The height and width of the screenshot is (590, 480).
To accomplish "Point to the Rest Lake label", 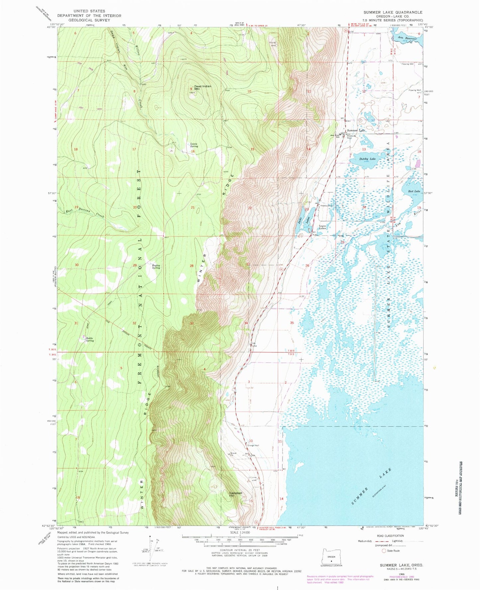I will coord(414,191).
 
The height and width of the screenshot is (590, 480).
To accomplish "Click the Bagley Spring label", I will coord(156,266).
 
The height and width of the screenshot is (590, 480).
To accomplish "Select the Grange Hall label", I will coord(253,445).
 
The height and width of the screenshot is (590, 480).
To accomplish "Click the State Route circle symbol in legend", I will coord(384,550).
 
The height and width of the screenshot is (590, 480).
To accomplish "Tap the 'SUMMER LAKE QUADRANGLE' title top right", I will coord(393,12).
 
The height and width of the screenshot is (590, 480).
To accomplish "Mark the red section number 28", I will coord(191,266).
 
